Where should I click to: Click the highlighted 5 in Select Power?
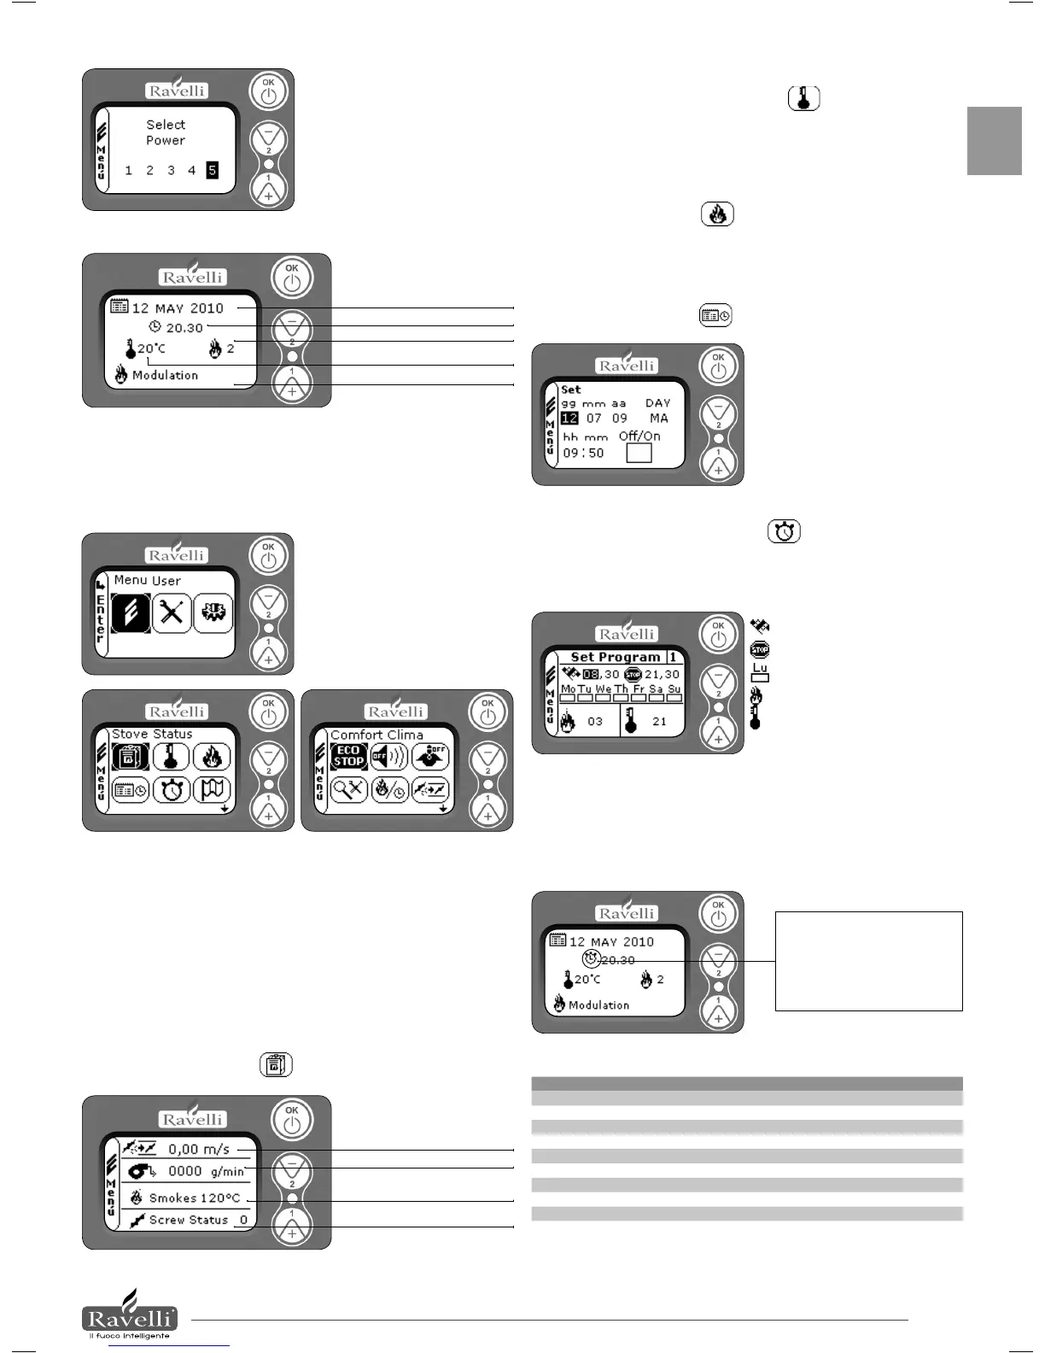tap(213, 170)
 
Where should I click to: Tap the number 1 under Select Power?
tap(129, 170)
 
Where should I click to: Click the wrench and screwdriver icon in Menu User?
tap(172, 612)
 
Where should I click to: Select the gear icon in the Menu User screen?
tap(213, 612)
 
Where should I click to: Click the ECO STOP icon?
tap(348, 756)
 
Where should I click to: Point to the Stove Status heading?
tap(152, 734)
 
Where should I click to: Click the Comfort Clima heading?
tap(377, 735)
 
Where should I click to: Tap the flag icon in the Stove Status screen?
tap(212, 789)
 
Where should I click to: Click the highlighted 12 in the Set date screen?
tap(569, 419)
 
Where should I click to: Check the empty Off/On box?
tap(639, 453)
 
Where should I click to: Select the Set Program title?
tap(616, 657)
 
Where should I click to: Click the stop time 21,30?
tap(662, 674)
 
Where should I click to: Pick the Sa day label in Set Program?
tap(656, 688)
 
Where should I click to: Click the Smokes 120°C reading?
tap(195, 1198)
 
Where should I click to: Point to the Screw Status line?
tap(189, 1220)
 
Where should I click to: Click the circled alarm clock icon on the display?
tap(591, 959)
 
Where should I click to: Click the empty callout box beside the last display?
tap(868, 961)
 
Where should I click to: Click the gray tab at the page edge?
tap(994, 141)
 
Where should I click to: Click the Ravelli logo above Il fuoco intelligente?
tap(130, 1315)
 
